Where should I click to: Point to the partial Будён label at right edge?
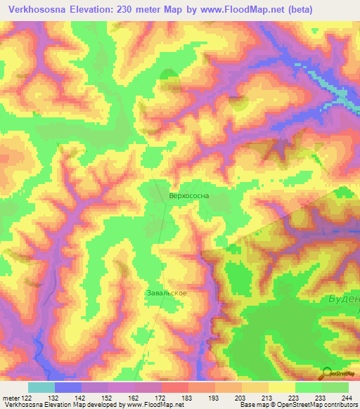tap(343, 299)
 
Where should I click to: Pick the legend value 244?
tap(348, 397)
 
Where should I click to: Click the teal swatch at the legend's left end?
tap(41, 387)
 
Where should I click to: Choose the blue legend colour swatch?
tap(68, 387)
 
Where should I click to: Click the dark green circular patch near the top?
tap(169, 77)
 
